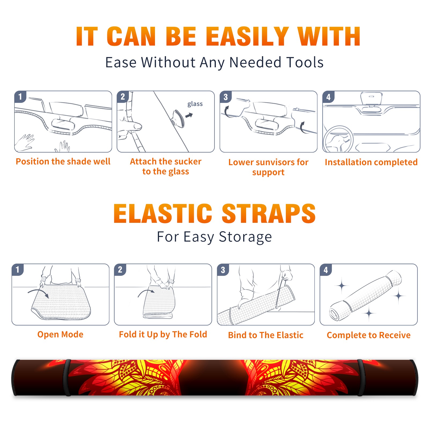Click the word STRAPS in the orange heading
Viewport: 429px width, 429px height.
tap(269, 213)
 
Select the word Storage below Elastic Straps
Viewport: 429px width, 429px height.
tap(245, 237)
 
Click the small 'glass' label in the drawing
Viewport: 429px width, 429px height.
tap(195, 104)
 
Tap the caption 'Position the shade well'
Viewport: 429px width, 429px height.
tap(63, 161)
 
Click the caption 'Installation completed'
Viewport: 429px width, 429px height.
tap(371, 162)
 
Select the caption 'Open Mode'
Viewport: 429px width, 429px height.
tap(60, 334)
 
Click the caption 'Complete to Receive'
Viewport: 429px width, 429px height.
tap(369, 335)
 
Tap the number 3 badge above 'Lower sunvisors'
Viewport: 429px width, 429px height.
tap(225, 97)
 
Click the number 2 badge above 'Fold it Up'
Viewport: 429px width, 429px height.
tap(120, 270)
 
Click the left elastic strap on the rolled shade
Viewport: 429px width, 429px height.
tap(67, 378)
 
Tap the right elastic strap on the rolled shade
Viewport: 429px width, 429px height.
tap(361, 378)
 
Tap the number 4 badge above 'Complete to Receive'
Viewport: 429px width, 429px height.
tap(326, 270)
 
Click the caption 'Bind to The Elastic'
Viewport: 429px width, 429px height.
tap(266, 335)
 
